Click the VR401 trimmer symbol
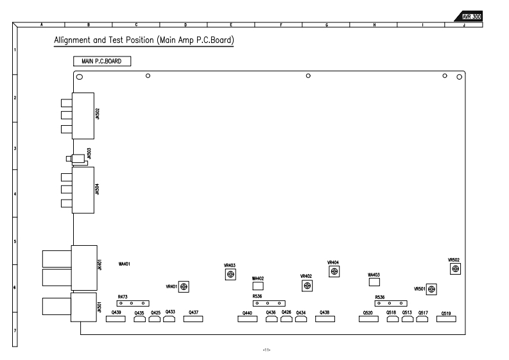(x=184, y=286)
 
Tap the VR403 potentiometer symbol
(x=230, y=275)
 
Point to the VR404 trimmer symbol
(x=334, y=271)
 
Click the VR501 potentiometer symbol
(x=432, y=289)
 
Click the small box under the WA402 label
(x=258, y=284)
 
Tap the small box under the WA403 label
(x=375, y=282)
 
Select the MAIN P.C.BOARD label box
(x=102, y=62)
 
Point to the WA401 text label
(x=125, y=264)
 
